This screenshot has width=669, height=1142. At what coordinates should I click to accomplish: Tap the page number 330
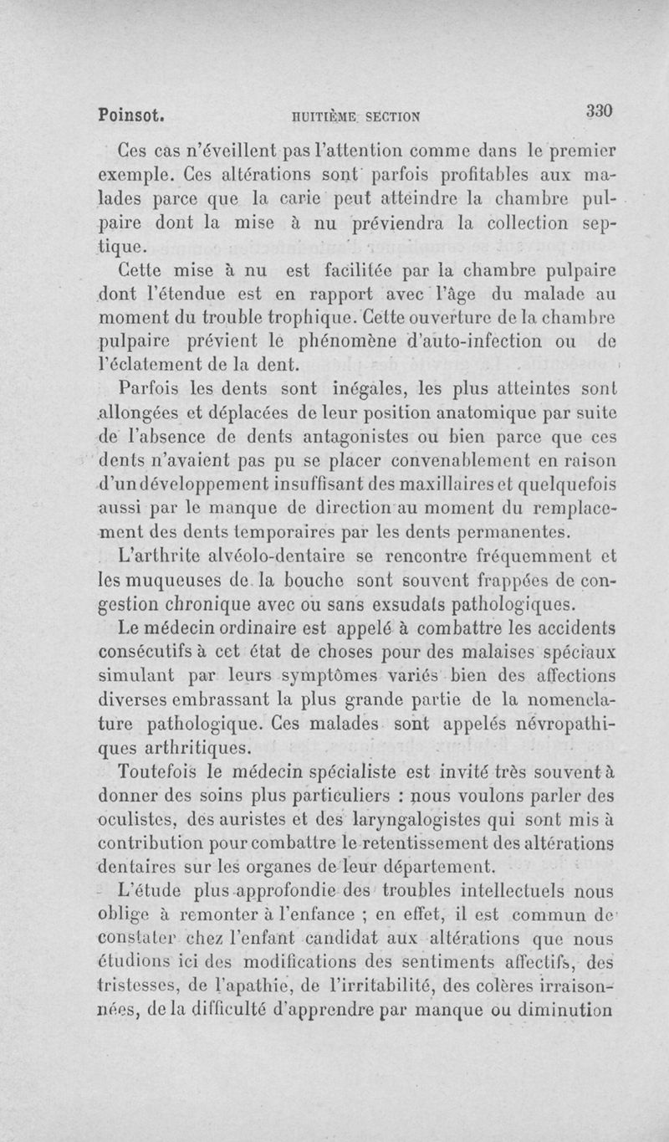point(600,110)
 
